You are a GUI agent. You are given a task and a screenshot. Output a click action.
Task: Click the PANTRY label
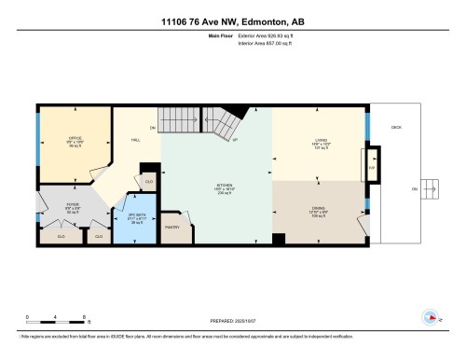172,227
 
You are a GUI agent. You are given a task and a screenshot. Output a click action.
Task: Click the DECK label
396,127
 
